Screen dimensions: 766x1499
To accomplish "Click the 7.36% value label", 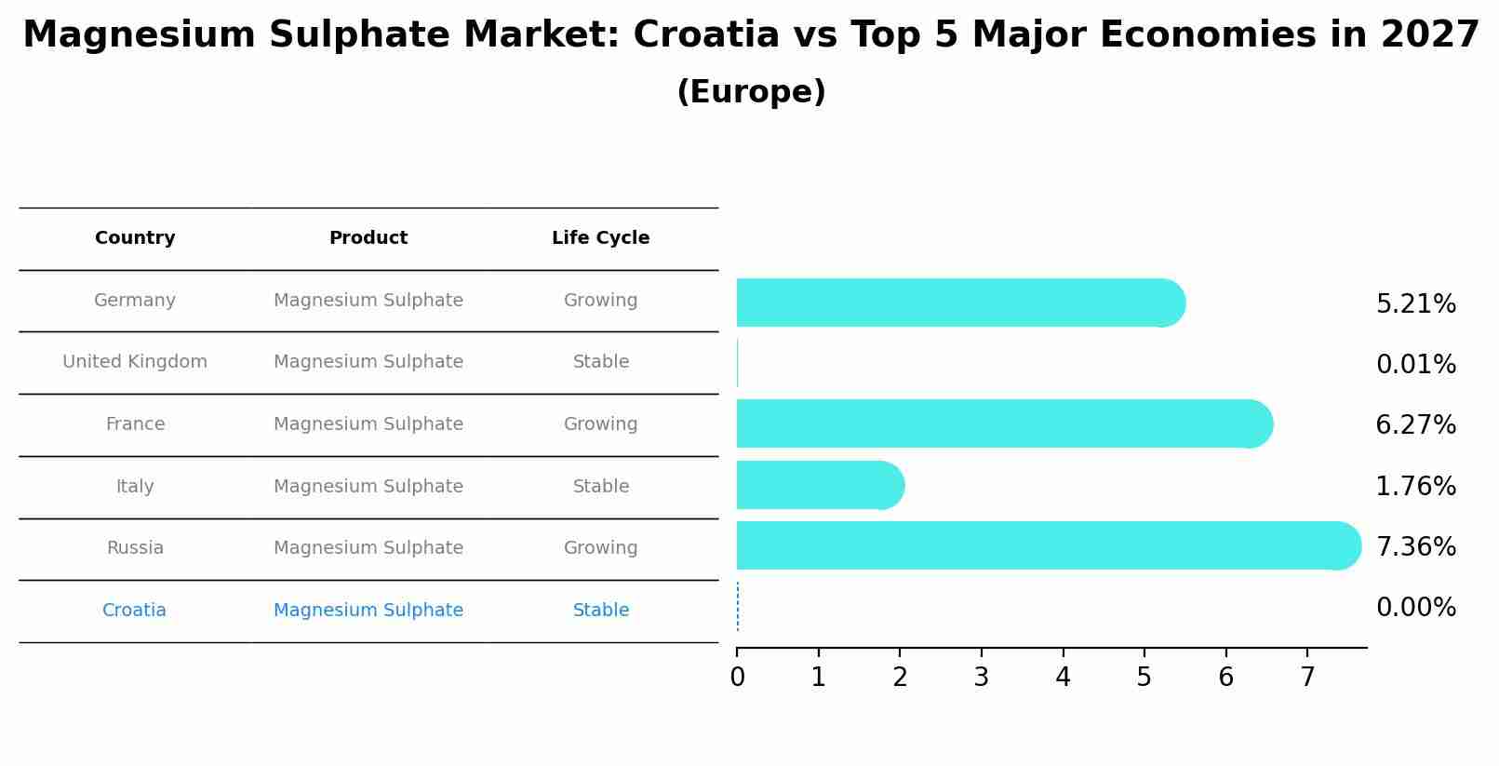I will point(1415,546).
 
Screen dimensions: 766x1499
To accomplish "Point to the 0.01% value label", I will point(1415,364).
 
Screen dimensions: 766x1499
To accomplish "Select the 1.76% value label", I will point(1415,486).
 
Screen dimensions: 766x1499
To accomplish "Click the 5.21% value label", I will point(1415,303).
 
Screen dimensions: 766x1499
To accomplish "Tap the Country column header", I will point(135,238).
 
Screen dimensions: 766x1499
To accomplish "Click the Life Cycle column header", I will point(600,238).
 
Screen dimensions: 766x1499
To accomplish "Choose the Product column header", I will point(368,238).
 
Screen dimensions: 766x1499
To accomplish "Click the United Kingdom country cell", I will point(135,362).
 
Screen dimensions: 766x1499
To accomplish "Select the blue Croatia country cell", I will point(134,611).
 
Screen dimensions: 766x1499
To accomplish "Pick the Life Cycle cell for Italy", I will point(600,487).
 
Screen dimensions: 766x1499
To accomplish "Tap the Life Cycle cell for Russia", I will point(600,548).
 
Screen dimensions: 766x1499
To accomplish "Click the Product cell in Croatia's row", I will point(368,611).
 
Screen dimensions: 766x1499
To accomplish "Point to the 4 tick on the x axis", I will point(1063,677).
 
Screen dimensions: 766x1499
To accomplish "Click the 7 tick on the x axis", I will point(1307,677).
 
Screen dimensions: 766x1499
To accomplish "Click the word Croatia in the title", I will point(705,35).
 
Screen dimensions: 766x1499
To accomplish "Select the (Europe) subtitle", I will point(751,92).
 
